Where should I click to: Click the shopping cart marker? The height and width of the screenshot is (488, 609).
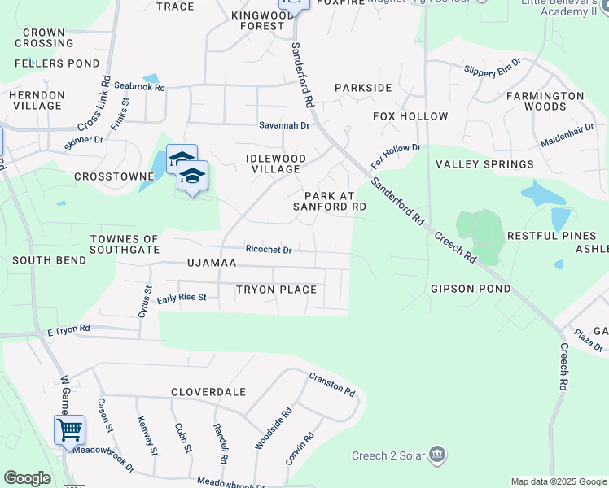tap(70, 429)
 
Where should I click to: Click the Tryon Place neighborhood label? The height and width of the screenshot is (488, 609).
tap(276, 290)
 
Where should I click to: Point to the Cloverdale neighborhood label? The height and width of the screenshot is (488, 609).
tap(208, 392)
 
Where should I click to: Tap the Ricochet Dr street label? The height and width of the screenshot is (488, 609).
tap(269, 250)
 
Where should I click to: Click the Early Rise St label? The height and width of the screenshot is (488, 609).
tap(182, 298)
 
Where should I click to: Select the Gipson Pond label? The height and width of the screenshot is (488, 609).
tap(471, 289)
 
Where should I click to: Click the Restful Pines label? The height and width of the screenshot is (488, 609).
tap(551, 236)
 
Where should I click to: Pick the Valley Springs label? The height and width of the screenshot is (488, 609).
tap(484, 164)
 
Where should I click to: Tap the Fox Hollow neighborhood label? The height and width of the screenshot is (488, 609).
tap(410, 116)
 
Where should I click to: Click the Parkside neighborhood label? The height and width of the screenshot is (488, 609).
tap(363, 88)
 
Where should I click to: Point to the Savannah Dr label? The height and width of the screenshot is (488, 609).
tap(284, 125)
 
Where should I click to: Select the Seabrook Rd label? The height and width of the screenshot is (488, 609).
tap(139, 86)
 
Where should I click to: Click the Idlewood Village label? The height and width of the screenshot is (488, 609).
tap(276, 163)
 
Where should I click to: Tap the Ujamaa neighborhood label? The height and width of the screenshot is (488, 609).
tap(211, 264)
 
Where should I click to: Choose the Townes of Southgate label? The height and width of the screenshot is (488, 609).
tap(125, 244)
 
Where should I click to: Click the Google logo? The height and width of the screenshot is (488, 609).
tap(27, 478)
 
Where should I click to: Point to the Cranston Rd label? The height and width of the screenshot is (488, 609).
tap(332, 385)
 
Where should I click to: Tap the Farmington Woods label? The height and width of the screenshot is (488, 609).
tap(545, 101)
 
